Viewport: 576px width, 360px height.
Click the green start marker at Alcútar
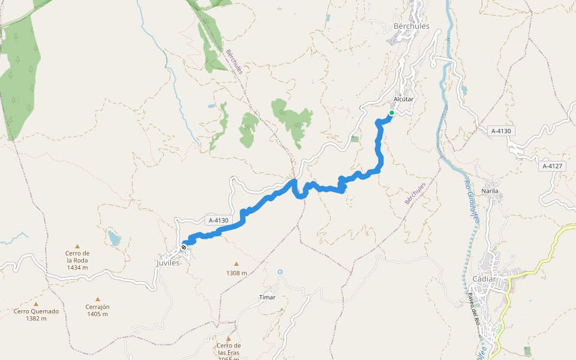tap(391, 113)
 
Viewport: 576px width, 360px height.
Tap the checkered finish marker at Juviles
tap(184, 247)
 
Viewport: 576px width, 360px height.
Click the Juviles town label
tap(168, 262)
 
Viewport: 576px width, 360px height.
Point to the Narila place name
tap(490, 191)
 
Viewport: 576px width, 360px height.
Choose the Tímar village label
tap(267, 297)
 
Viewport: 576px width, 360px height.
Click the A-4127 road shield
tap(553, 166)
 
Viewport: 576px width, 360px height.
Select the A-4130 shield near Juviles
tap(218, 220)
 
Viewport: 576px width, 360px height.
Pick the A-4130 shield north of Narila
tap(503, 131)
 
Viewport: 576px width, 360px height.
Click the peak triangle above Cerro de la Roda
tap(77, 246)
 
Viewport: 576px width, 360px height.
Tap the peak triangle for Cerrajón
tap(97, 299)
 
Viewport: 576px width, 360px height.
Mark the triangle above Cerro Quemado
tap(36, 304)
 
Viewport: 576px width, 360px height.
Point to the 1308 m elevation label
tap(236, 273)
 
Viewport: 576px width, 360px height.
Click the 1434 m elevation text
tap(77, 268)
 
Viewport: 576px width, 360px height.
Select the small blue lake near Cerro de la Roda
tap(113, 239)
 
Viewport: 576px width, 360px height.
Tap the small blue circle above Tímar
tap(280, 272)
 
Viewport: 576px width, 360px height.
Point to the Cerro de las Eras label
tap(229, 349)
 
